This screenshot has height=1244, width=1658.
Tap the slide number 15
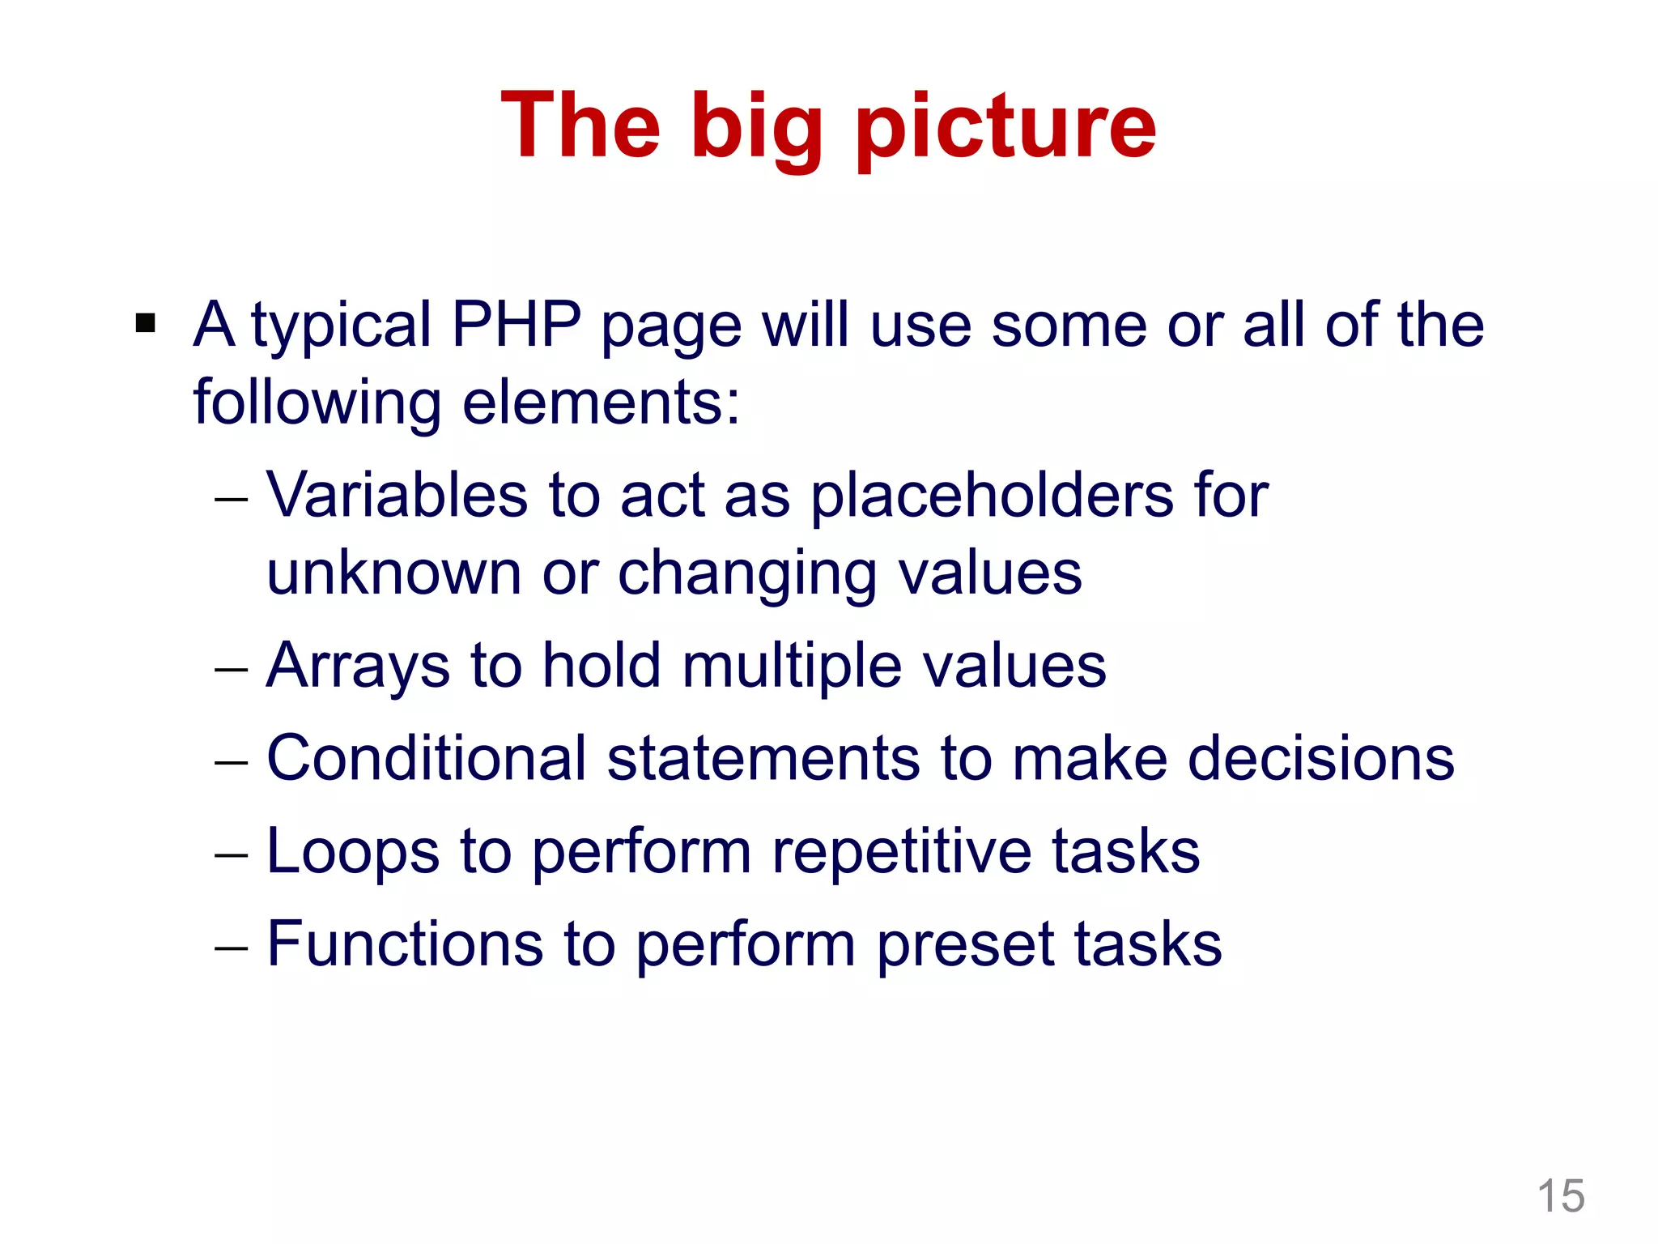pos(1560,1195)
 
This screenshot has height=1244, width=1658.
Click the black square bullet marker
pos(146,324)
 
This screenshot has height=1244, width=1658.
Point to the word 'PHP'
pos(517,326)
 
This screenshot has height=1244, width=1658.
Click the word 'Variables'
pos(397,495)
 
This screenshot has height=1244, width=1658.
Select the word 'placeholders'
pos(992,496)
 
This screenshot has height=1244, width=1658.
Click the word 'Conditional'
pos(427,759)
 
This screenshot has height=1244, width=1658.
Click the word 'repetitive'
pos(901,853)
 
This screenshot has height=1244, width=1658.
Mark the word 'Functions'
pos(405,944)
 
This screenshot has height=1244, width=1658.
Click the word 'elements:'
pos(601,403)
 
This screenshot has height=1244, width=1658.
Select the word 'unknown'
pos(394,573)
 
